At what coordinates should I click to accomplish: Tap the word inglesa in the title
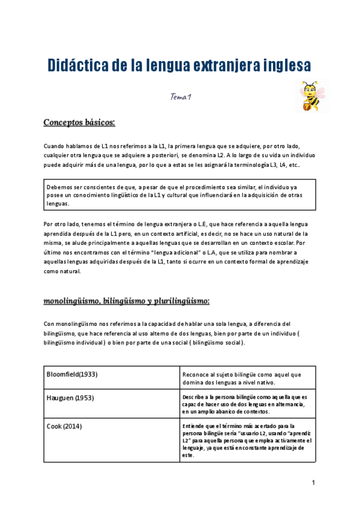284,65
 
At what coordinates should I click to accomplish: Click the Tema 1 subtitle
180,97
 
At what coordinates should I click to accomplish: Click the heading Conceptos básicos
79,123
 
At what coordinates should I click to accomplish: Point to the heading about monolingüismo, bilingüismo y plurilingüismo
126,300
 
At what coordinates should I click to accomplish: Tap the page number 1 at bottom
313,483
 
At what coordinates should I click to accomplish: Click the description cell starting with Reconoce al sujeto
246,378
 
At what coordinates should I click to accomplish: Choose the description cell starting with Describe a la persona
246,404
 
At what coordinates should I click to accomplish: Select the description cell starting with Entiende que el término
246,441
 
